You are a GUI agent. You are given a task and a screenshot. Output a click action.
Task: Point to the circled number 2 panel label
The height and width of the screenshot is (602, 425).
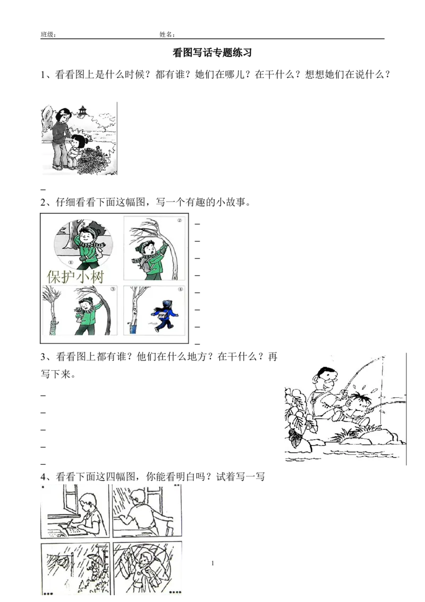(x=179, y=220)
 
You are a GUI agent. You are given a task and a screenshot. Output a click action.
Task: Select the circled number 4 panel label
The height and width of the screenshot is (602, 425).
(x=180, y=290)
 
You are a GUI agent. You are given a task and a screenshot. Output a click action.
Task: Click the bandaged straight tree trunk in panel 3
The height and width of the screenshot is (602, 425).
(x=53, y=319)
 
